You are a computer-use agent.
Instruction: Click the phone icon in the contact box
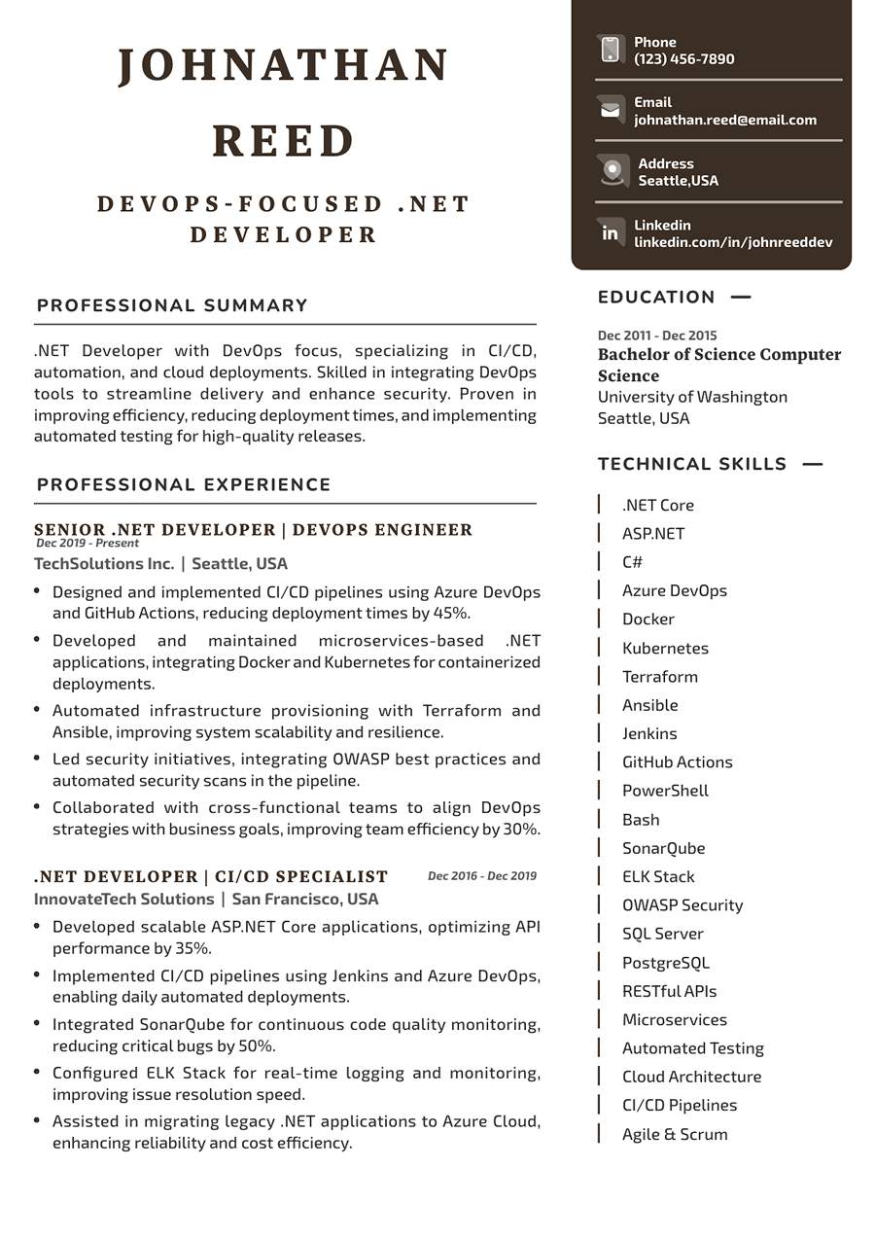coord(611,50)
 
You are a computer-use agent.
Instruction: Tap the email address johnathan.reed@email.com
coord(725,120)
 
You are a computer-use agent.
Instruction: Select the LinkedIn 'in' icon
coord(611,232)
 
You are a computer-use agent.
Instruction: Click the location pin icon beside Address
coord(612,171)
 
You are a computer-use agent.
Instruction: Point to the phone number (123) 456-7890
coord(684,59)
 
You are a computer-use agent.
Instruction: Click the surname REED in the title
coord(284,141)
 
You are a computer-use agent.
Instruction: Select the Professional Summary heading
coord(172,305)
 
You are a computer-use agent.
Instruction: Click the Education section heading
coord(656,297)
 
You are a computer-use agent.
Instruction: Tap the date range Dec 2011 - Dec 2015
coord(657,336)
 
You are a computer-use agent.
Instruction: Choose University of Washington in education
coord(692,397)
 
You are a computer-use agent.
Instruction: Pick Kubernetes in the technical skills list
coord(665,648)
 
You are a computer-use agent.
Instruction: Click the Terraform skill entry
coord(659,677)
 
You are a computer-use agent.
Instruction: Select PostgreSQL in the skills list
coord(666,963)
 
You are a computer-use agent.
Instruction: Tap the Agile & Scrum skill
coord(675,1134)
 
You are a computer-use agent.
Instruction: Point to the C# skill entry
coord(632,562)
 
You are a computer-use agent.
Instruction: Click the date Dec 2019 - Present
coord(87,544)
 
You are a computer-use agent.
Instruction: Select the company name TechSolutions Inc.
coord(104,564)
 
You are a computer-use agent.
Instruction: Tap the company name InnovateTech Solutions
coord(123,900)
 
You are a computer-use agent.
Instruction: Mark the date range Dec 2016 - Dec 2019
coord(481,876)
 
